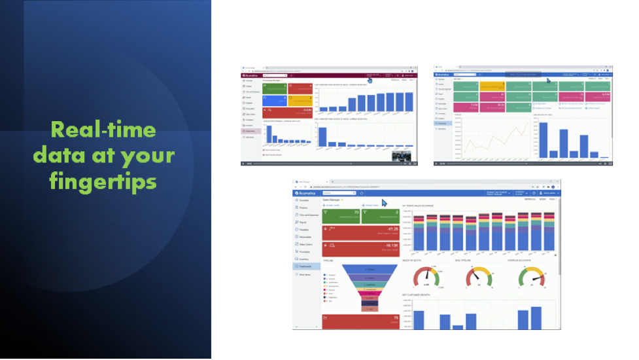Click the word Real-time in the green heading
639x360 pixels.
(104, 129)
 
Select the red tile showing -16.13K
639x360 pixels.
(361, 249)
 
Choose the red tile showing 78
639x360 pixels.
(361, 321)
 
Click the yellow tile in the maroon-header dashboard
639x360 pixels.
(300, 100)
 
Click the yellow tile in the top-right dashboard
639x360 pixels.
(492, 86)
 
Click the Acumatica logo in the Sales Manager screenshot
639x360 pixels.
(306, 193)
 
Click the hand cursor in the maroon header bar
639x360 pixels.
(370, 81)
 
